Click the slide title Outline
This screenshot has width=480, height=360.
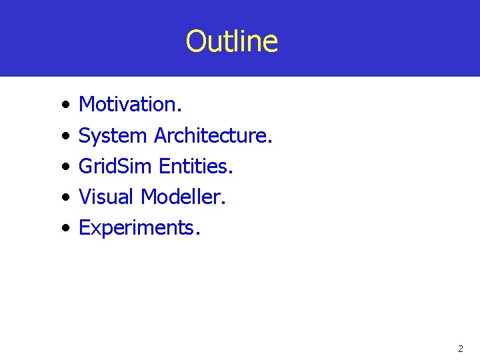231,41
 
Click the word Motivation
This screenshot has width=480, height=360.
131,104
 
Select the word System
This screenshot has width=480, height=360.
113,136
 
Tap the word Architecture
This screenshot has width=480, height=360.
213,135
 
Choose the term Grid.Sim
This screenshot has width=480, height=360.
116,166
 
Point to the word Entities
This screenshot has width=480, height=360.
196,166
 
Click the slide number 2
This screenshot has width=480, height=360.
460,349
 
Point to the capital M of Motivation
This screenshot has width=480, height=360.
87,104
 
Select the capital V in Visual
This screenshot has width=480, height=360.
85,197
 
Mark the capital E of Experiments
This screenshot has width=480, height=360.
85,227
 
